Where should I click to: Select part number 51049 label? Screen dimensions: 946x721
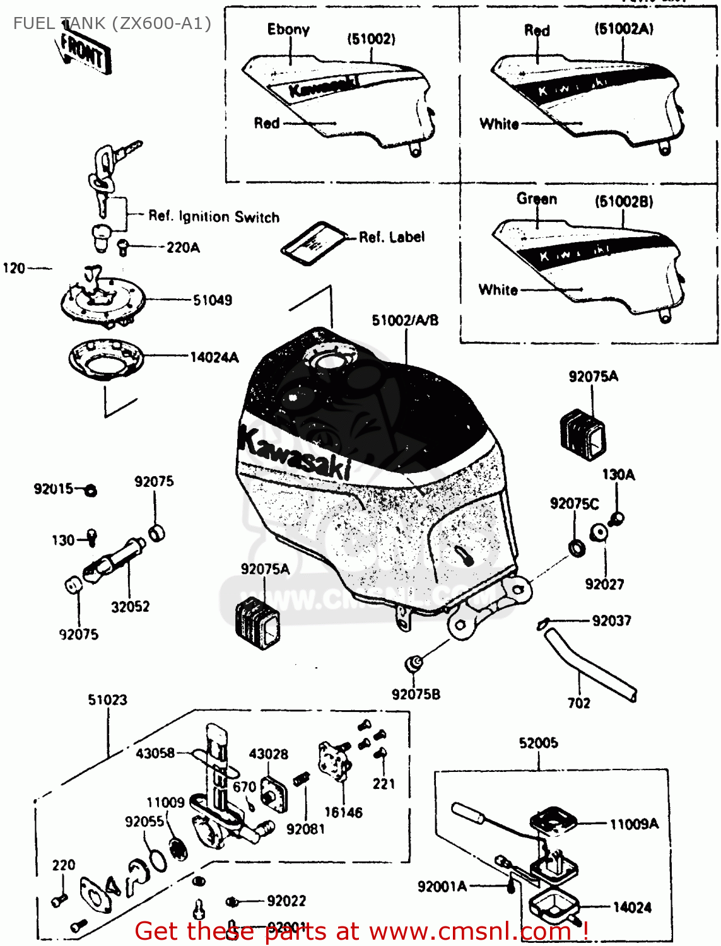[x=213, y=300]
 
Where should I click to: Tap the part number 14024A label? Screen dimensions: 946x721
[x=214, y=358]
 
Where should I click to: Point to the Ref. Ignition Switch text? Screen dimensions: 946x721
[x=214, y=216]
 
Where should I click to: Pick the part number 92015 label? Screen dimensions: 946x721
[x=54, y=489]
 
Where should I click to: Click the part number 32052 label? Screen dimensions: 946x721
[x=131, y=607]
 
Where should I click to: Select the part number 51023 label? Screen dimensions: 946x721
[x=107, y=700]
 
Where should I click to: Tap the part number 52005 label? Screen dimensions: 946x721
[x=538, y=743]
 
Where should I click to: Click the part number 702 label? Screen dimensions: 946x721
[x=579, y=703]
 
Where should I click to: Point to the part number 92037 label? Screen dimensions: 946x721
[x=611, y=621]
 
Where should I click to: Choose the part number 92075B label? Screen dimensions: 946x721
[x=416, y=694]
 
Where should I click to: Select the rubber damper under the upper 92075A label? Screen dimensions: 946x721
[x=582, y=432]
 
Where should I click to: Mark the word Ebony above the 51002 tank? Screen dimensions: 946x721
[x=288, y=30]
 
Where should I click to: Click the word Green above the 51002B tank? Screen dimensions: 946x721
[x=537, y=199]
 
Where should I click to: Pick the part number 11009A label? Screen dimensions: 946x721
[x=634, y=824]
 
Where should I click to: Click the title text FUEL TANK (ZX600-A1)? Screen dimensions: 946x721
[x=112, y=23]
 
